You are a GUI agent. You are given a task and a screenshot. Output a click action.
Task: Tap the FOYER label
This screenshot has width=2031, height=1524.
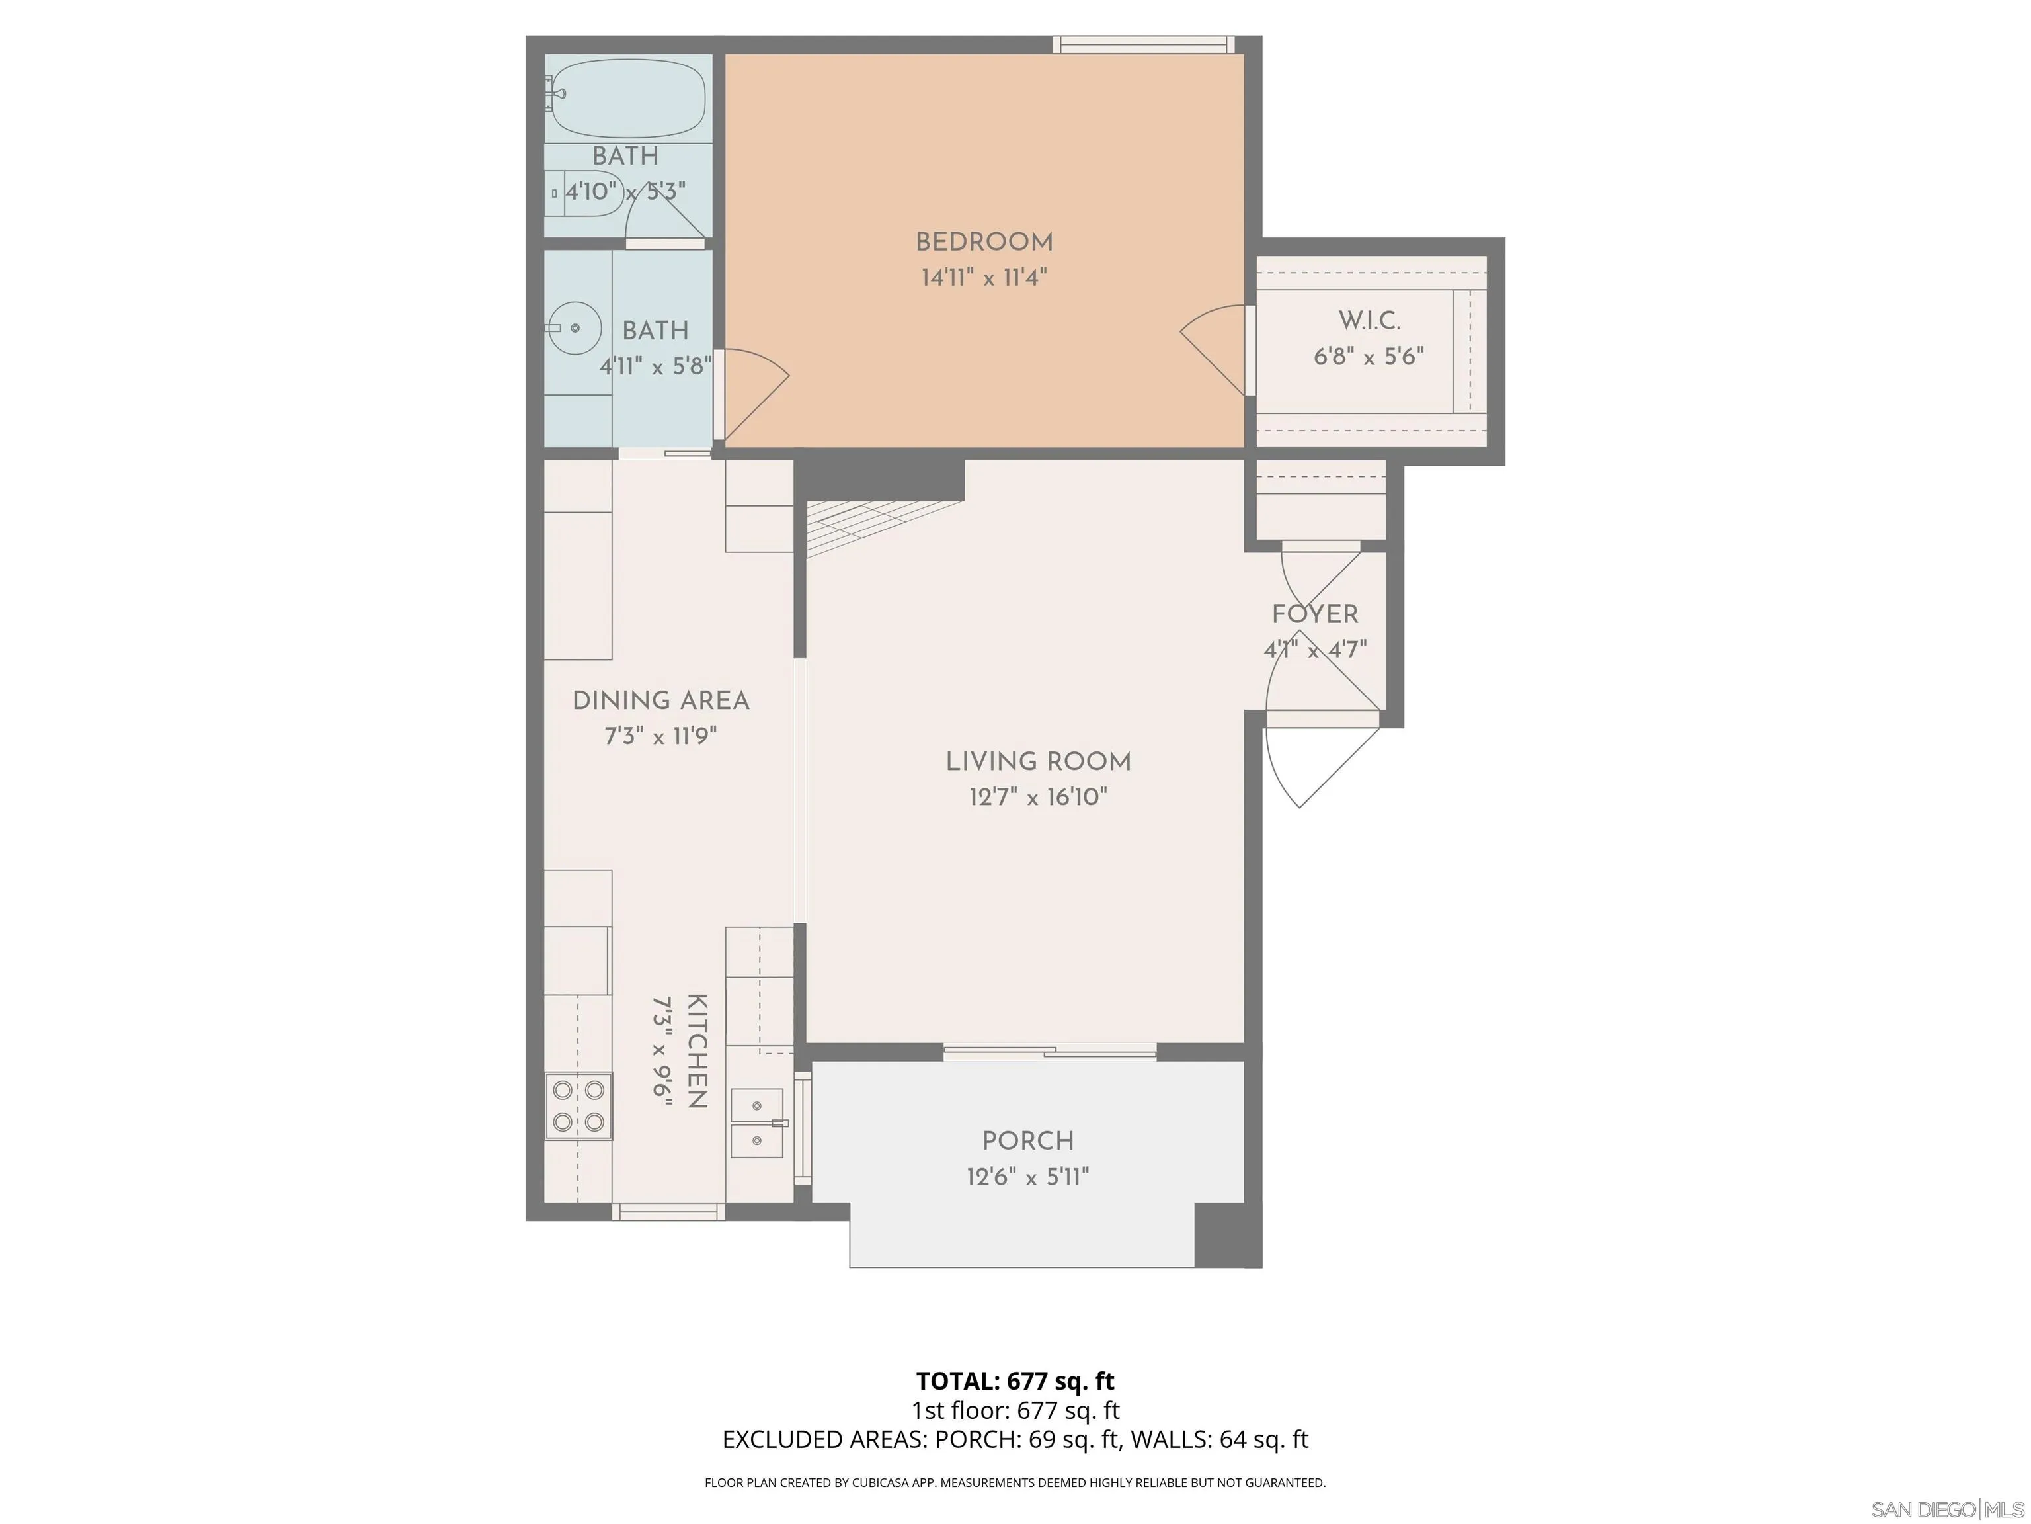click(x=1315, y=614)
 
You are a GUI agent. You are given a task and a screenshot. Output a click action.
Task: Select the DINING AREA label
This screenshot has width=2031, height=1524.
click(x=660, y=701)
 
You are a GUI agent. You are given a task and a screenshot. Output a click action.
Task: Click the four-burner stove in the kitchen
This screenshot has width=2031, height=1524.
click(x=578, y=1106)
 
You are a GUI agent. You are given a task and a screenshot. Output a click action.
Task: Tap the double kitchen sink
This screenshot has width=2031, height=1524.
click(x=756, y=1123)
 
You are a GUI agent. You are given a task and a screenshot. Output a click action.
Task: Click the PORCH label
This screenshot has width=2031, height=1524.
click(x=1027, y=1141)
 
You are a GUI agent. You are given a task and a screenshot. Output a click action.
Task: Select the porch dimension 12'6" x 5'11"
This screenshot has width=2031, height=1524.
click(x=1027, y=1177)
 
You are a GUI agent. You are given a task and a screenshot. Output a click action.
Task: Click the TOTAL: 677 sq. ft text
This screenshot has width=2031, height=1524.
click(x=1015, y=1380)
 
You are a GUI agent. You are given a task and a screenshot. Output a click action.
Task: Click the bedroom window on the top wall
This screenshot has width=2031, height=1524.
click(x=1143, y=44)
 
